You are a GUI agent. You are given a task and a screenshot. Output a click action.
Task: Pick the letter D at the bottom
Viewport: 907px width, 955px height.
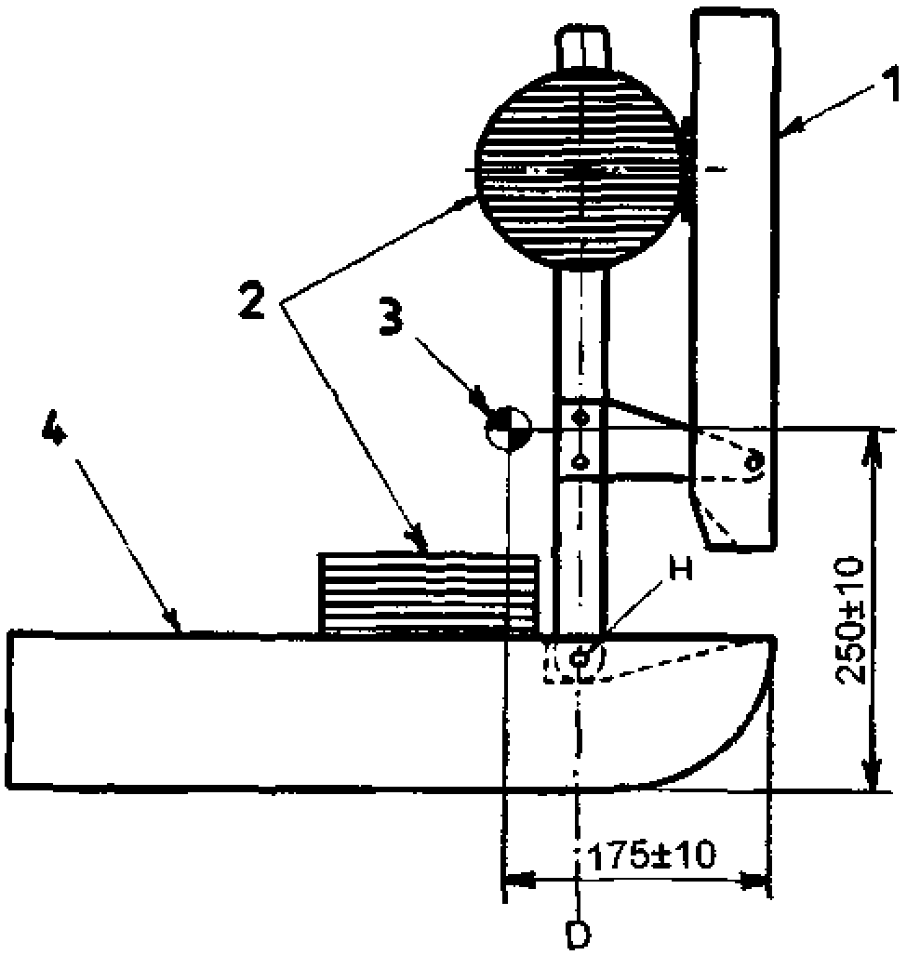[x=579, y=933]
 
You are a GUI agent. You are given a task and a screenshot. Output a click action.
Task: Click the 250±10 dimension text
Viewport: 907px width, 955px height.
[x=850, y=621]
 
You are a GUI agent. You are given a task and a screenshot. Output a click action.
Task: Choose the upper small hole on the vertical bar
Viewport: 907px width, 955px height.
[x=580, y=415]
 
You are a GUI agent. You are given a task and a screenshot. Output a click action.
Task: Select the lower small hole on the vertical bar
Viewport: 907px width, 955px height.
[x=580, y=459]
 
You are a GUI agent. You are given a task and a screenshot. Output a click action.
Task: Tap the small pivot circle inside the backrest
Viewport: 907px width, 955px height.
[x=754, y=458]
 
